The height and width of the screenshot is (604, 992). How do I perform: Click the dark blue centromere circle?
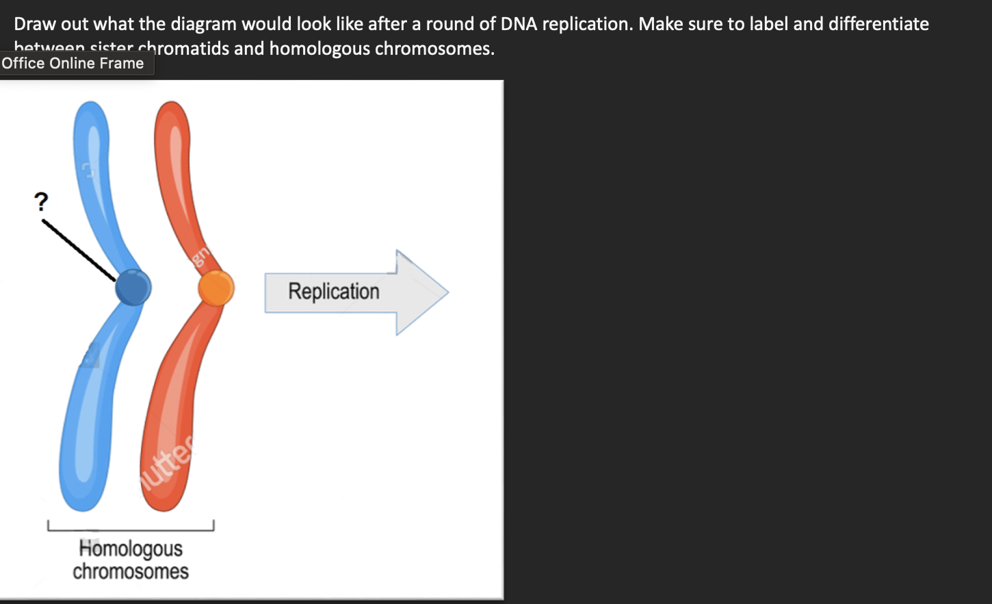[133, 287]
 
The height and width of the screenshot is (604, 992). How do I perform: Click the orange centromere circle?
[216, 288]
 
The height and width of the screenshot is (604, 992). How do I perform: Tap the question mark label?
[41, 202]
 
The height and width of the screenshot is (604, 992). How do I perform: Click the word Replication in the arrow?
[333, 291]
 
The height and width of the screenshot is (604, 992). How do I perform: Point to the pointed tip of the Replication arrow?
[446, 292]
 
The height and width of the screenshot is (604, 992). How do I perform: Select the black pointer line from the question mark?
[78, 250]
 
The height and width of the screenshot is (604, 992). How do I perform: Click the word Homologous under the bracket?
[131, 549]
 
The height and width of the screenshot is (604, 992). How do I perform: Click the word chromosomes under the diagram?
[131, 571]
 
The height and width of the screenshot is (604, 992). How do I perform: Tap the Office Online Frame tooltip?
[73, 64]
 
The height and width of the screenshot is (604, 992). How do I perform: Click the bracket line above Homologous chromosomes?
[130, 529]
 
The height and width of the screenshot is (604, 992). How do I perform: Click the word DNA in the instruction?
[519, 24]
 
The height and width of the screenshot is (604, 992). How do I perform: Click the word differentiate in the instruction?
[878, 24]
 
